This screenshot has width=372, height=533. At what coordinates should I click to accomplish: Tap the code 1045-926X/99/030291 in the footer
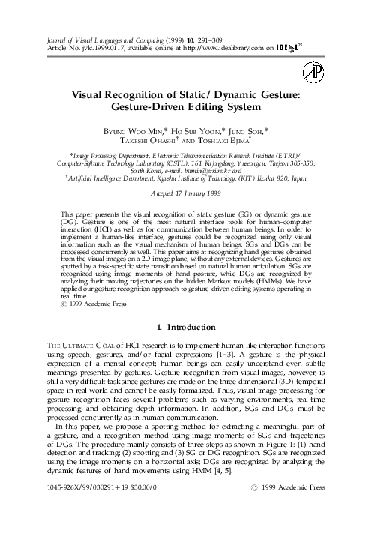(75, 508)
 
